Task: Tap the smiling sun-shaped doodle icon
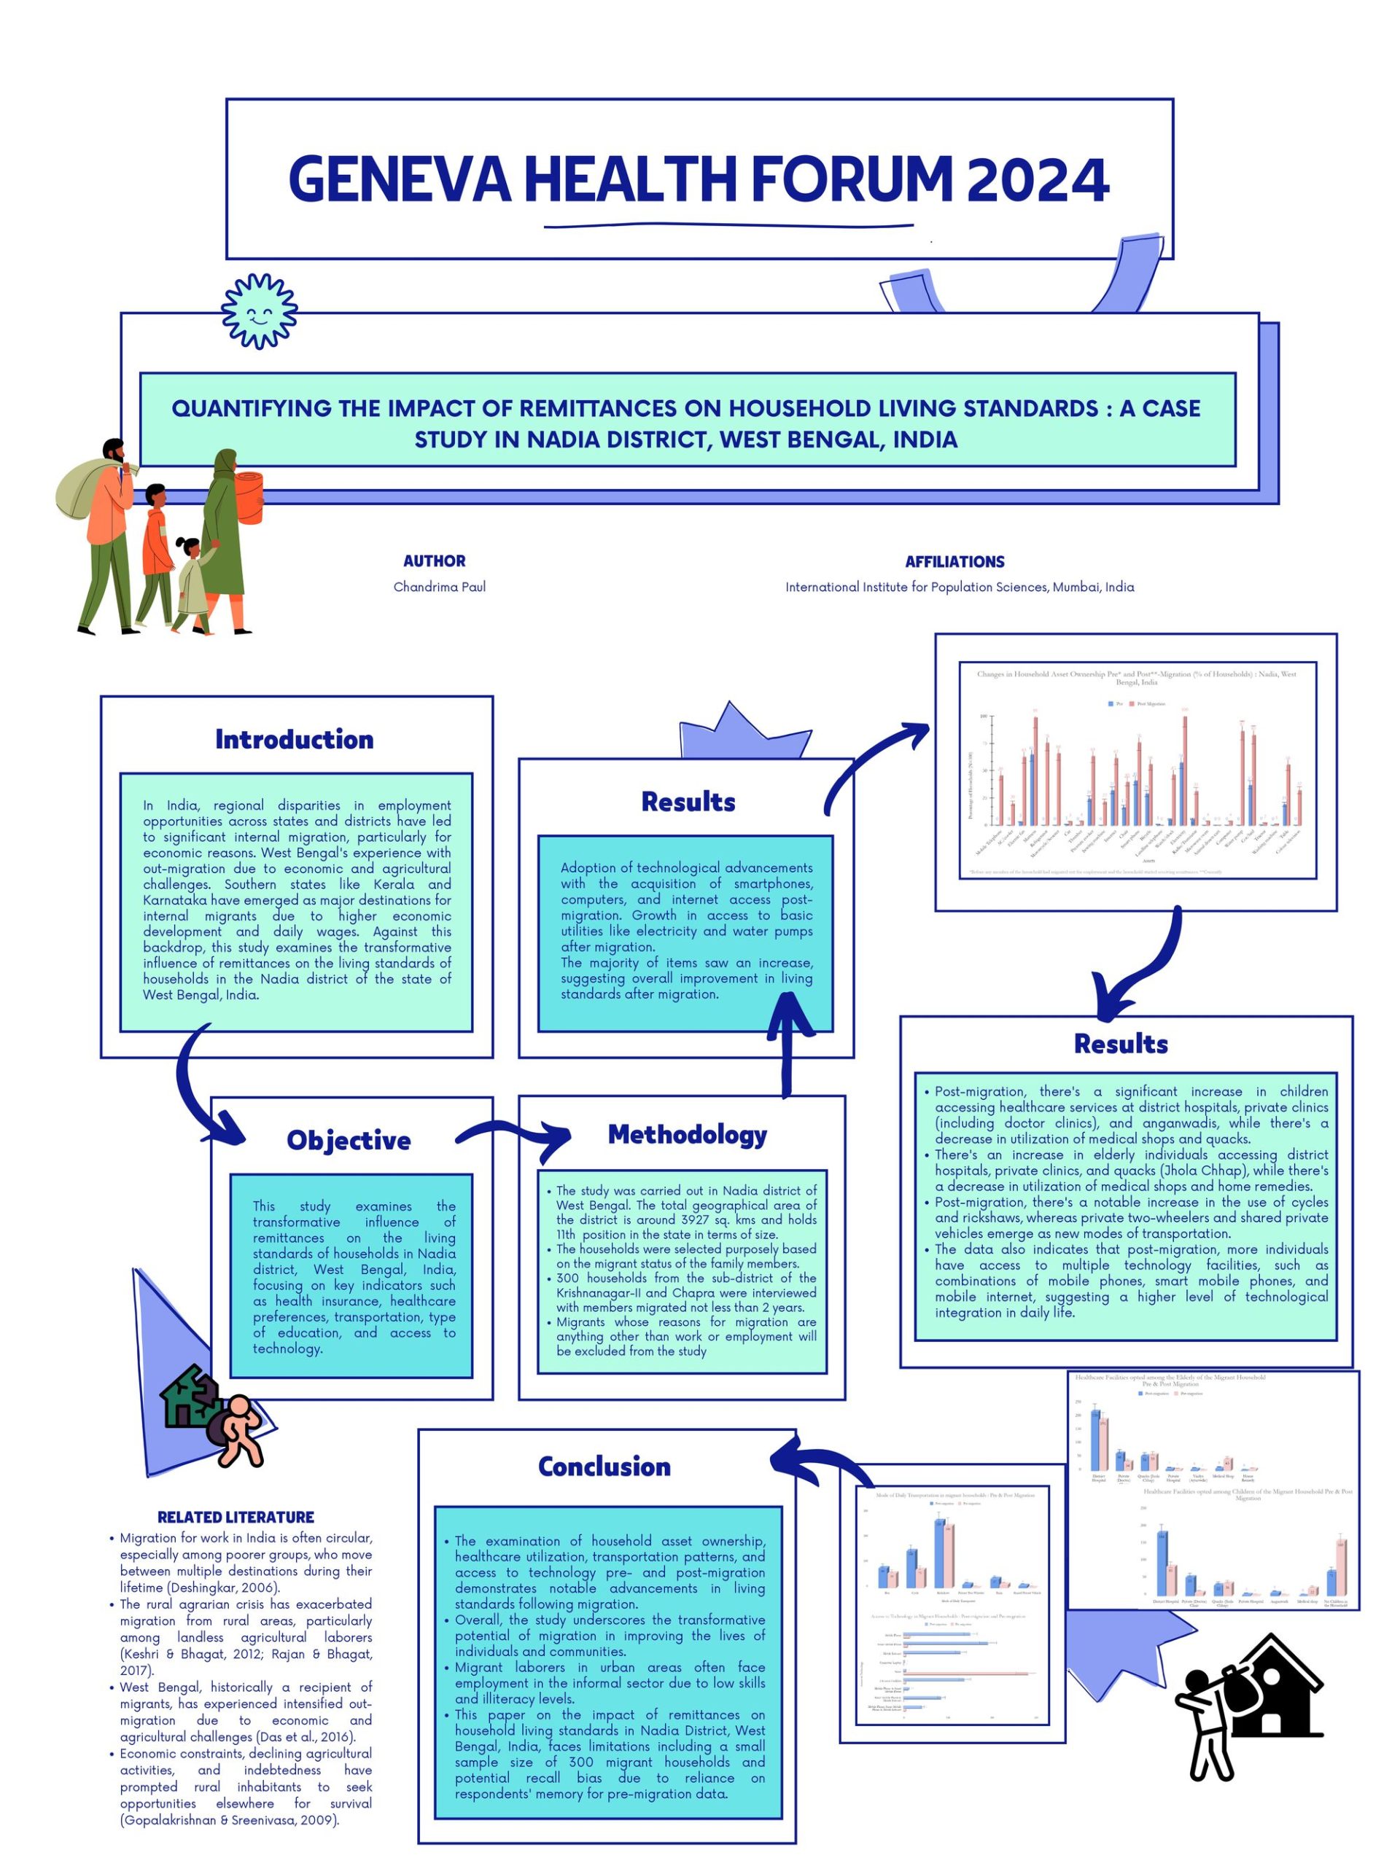point(259,311)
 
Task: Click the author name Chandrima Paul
point(439,586)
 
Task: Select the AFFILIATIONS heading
point(954,561)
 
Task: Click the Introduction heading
point(294,739)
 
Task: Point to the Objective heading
point(349,1141)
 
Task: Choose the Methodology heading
point(687,1135)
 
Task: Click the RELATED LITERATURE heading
point(236,1517)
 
